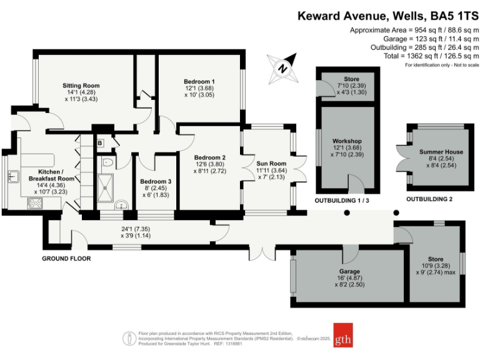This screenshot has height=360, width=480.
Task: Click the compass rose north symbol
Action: pos(283,69)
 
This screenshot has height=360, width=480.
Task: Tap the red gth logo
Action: pos(343,335)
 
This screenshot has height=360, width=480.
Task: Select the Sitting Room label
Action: pos(81,86)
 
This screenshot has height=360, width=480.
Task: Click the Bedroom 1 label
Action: pos(199,81)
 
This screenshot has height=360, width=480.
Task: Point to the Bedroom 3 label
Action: pos(156,181)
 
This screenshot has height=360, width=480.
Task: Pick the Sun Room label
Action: pos(271,164)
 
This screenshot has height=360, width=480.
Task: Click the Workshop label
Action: pos(347,141)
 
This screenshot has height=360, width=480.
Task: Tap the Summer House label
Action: pos(441,152)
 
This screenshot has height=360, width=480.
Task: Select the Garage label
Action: pos(349,271)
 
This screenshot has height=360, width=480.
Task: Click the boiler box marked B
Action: pos(100,143)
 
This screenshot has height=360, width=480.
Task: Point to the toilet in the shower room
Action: pos(107,162)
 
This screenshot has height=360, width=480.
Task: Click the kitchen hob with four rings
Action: pos(35,203)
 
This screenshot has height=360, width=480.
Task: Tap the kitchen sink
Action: pos(13,177)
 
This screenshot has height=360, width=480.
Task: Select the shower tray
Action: pos(105,188)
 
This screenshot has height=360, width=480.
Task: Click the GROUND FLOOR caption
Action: pos(66,259)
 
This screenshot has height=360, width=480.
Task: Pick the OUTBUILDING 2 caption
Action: pos(429,199)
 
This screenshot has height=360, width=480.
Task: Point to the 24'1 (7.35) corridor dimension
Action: pos(136,229)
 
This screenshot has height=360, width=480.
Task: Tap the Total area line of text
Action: pos(431,56)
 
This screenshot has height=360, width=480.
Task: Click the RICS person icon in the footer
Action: pos(129,339)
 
